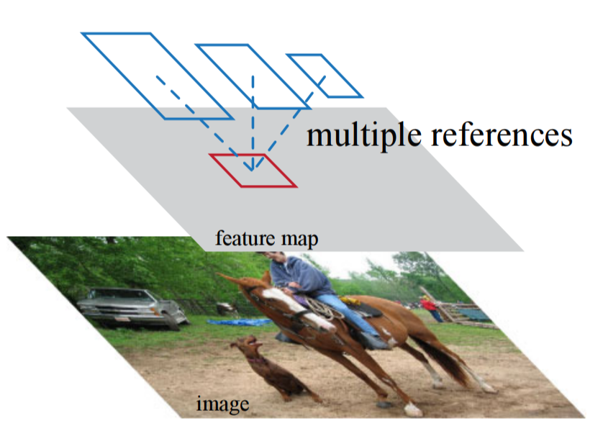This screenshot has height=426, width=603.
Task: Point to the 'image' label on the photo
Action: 222,404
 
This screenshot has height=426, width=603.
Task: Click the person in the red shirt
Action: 430,307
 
